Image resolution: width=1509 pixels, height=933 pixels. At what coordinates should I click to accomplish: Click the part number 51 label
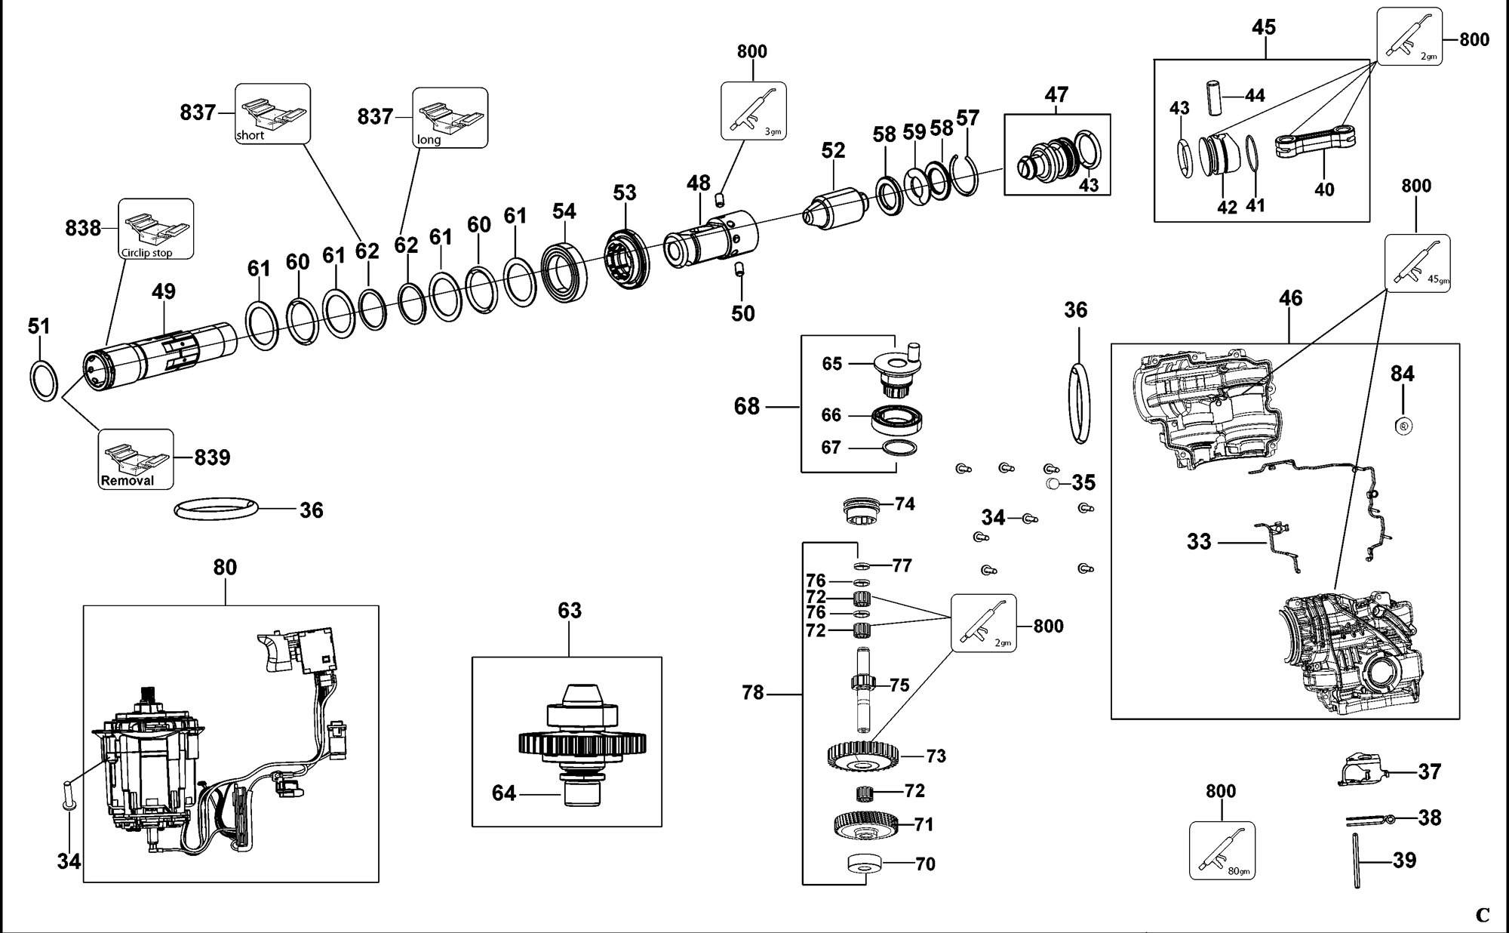pyautogui.click(x=38, y=326)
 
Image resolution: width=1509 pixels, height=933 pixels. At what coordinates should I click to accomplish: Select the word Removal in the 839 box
pyautogui.click(x=128, y=481)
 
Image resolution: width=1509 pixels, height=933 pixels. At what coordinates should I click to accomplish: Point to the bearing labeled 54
pyautogui.click(x=564, y=265)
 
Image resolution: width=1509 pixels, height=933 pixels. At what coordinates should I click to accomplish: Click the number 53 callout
pyautogui.click(x=625, y=193)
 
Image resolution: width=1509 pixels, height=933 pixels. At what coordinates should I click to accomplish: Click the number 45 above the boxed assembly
pyautogui.click(x=1264, y=28)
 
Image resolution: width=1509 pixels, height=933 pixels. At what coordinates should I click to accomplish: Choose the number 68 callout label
pyautogui.click(x=747, y=407)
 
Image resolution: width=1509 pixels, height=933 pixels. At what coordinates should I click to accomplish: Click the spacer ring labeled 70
pyautogui.click(x=865, y=863)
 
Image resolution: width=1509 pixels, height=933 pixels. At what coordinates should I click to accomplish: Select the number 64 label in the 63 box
pyautogui.click(x=504, y=793)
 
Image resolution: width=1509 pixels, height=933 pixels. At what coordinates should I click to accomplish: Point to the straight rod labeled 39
pyautogui.click(x=1357, y=860)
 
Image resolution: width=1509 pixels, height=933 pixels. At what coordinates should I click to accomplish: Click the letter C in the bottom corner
pyautogui.click(x=1483, y=916)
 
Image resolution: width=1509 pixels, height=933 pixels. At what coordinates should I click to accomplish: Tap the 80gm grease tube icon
pyautogui.click(x=1222, y=851)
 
